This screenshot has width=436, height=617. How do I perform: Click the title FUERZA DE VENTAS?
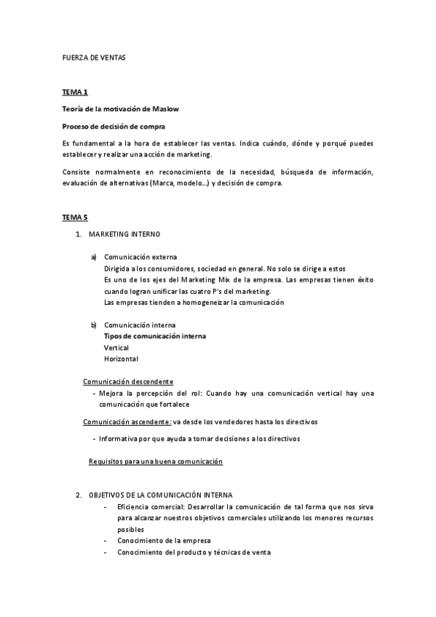(x=94, y=57)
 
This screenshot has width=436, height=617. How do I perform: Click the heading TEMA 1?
(x=75, y=92)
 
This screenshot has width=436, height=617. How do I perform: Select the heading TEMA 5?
(x=75, y=218)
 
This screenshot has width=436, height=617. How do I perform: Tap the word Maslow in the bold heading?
(x=165, y=109)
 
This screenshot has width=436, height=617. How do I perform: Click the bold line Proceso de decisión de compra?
(x=114, y=126)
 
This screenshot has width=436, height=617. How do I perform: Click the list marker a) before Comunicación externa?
(x=93, y=257)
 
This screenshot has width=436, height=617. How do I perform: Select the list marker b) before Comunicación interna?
(x=93, y=325)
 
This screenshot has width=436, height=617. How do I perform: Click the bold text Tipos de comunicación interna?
(x=155, y=336)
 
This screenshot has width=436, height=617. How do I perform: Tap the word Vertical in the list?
(x=116, y=347)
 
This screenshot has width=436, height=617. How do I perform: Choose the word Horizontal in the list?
(x=121, y=359)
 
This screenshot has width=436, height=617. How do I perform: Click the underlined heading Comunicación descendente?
(x=128, y=381)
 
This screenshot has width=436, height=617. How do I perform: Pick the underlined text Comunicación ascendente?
(x=127, y=422)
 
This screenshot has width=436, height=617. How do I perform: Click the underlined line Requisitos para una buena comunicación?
(x=155, y=462)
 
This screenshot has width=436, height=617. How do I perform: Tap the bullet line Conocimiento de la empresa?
(x=163, y=541)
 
